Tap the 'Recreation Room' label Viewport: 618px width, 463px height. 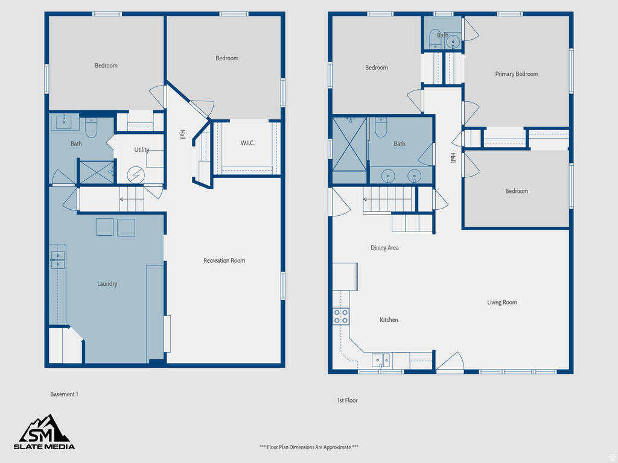pos(224,260)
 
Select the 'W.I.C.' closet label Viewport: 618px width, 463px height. pos(247,143)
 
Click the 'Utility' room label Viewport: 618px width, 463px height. pos(142,150)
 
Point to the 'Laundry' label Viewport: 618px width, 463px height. pos(107,283)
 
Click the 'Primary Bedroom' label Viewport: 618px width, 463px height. pos(517,74)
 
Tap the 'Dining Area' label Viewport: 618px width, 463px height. pos(384,248)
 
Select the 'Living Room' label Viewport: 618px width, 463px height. pos(502,302)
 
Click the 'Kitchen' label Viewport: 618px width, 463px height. pos(389,320)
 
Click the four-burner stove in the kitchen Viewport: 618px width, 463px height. pos(341,317)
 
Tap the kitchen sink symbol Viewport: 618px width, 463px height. pos(381,361)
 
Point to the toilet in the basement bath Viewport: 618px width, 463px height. pos(91,127)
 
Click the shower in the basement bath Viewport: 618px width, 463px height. pos(96,172)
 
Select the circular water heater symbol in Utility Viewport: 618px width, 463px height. pos(136,175)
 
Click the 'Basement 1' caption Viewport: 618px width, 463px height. pos(64,394)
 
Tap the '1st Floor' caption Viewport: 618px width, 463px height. pos(347,400)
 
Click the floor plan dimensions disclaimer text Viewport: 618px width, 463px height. pos(309,447)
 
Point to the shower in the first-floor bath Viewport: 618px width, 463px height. pos(349,150)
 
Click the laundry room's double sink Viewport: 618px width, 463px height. pos(58,260)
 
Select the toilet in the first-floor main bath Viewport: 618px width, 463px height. pos(381,127)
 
